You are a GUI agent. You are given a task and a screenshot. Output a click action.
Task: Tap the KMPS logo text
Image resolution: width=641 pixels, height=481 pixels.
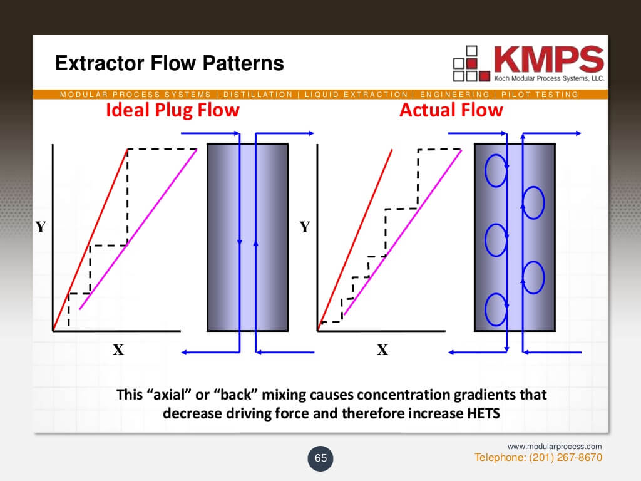pos(549,59)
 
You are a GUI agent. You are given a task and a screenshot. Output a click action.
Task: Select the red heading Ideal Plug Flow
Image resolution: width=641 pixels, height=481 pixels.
pos(173,110)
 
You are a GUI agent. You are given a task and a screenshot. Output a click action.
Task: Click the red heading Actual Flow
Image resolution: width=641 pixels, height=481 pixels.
pos(451,110)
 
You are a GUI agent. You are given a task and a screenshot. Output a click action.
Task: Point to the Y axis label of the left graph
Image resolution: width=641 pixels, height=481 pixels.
pos(41,227)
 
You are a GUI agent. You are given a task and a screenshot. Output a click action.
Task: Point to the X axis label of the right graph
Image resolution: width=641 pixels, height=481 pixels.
pos(382,350)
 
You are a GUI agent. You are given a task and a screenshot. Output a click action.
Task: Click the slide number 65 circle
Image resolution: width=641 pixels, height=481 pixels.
pos(320,458)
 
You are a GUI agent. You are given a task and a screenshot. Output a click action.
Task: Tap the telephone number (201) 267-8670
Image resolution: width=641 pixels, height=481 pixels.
pos(565,457)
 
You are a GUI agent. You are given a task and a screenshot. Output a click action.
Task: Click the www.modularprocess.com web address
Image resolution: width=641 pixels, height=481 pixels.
pos(555,446)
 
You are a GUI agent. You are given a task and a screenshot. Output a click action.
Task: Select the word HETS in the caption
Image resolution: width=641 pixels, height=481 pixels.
pos(484,413)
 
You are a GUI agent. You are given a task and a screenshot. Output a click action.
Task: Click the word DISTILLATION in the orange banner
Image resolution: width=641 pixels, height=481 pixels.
pos(258,95)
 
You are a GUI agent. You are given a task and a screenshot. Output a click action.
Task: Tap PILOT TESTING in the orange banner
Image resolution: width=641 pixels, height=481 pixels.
pos(540,95)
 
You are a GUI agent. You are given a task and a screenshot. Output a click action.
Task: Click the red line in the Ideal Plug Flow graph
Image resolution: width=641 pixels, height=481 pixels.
pos(90,240)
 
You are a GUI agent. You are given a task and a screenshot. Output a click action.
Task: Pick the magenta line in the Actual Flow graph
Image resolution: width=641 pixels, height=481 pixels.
pos(403,233)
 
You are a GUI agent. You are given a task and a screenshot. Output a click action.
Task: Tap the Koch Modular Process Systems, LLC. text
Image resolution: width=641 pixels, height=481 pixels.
pos(549,78)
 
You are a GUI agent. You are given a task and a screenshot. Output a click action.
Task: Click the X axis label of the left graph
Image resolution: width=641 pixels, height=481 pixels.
pos(118,350)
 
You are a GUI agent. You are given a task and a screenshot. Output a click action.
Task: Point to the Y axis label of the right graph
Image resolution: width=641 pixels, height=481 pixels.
pos(305,227)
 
